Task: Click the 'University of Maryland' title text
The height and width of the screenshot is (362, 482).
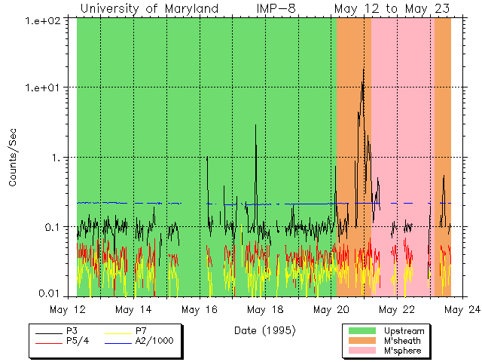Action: tap(149, 8)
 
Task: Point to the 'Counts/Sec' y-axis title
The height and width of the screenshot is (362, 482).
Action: tap(13, 158)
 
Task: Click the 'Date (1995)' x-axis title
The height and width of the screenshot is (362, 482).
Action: tap(264, 330)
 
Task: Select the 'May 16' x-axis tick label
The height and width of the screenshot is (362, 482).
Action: tap(200, 309)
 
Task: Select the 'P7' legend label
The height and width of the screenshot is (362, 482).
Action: tap(141, 331)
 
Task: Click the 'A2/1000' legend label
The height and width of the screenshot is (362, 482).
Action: tap(154, 341)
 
